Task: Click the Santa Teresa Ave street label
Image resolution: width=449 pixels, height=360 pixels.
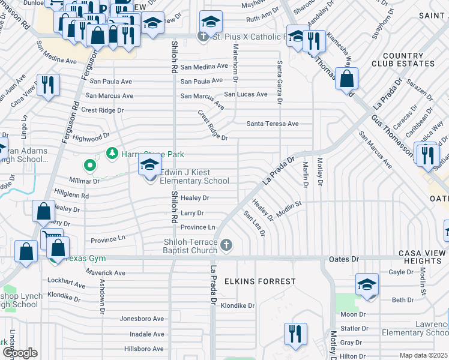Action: point(273,124)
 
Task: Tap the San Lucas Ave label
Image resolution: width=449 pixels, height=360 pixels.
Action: point(246,94)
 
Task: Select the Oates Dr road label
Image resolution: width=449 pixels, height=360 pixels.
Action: point(343,259)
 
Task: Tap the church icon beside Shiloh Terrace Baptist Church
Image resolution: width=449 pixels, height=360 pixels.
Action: point(226,245)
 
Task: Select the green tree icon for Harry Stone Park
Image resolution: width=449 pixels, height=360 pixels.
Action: point(112,154)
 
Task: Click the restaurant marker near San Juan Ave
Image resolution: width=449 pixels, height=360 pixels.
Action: point(48,85)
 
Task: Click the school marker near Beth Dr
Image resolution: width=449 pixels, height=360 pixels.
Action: point(367,284)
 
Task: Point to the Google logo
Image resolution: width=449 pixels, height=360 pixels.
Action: point(19,353)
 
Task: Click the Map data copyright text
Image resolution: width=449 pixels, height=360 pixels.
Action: point(424,355)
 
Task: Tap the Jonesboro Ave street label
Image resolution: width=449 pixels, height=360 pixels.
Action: point(142,319)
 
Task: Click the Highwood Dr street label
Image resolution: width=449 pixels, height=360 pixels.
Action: point(91,138)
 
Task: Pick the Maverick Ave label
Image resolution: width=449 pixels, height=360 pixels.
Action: point(104,273)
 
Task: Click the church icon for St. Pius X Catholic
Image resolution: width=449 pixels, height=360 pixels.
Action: point(203,37)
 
